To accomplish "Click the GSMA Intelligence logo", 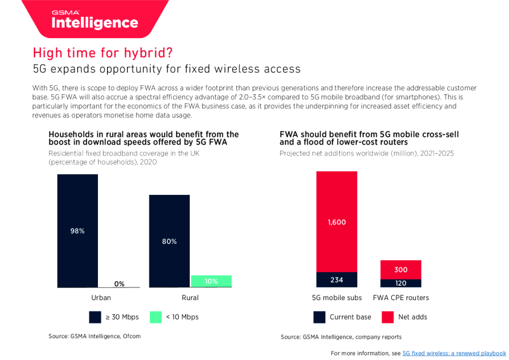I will pyautogui.click(x=95, y=20).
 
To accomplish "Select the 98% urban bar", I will pyautogui.click(x=77, y=231).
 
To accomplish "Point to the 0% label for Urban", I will pyautogui.click(x=119, y=284).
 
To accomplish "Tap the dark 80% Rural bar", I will pyautogui.click(x=169, y=241).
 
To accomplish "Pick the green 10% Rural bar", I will pyautogui.click(x=211, y=281).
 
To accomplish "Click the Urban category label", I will pyautogui.click(x=100, y=298).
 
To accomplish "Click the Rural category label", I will pyautogui.click(x=190, y=298).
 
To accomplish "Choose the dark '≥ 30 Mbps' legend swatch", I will pyautogui.click(x=95, y=317).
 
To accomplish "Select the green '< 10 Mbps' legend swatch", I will pyautogui.click(x=155, y=317).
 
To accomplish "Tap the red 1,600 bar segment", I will pyautogui.click(x=337, y=221).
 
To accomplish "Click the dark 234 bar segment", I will pyautogui.click(x=337, y=280).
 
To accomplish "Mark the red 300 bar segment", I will pyautogui.click(x=401, y=269).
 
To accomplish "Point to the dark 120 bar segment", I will pyautogui.click(x=401, y=283).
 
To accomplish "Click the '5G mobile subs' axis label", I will pyautogui.click(x=337, y=298).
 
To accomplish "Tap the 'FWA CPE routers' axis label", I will pyautogui.click(x=401, y=298).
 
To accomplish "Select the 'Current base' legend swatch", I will pyautogui.click(x=320, y=317).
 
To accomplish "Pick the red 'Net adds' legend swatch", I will pyautogui.click(x=388, y=317).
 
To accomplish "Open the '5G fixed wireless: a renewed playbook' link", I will pyautogui.click(x=454, y=353).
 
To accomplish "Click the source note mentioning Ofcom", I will pyautogui.click(x=94, y=336).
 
